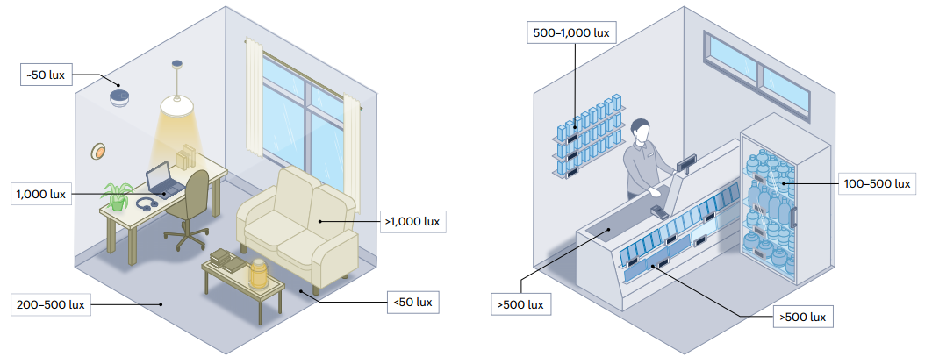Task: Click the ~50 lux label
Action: pyautogui.click(x=47, y=75)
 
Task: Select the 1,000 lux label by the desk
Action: pyautogui.click(x=42, y=193)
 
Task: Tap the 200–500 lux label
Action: pyautogui.click(x=50, y=305)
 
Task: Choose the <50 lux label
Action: pyautogui.click(x=412, y=303)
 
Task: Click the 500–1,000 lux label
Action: pyautogui.click(x=571, y=32)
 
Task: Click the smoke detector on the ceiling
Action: pyautogui.click(x=120, y=96)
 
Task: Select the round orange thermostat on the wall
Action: pyautogui.click(x=98, y=152)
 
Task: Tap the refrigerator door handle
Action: pyautogui.click(x=795, y=216)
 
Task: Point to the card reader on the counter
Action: pyautogui.click(x=658, y=211)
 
